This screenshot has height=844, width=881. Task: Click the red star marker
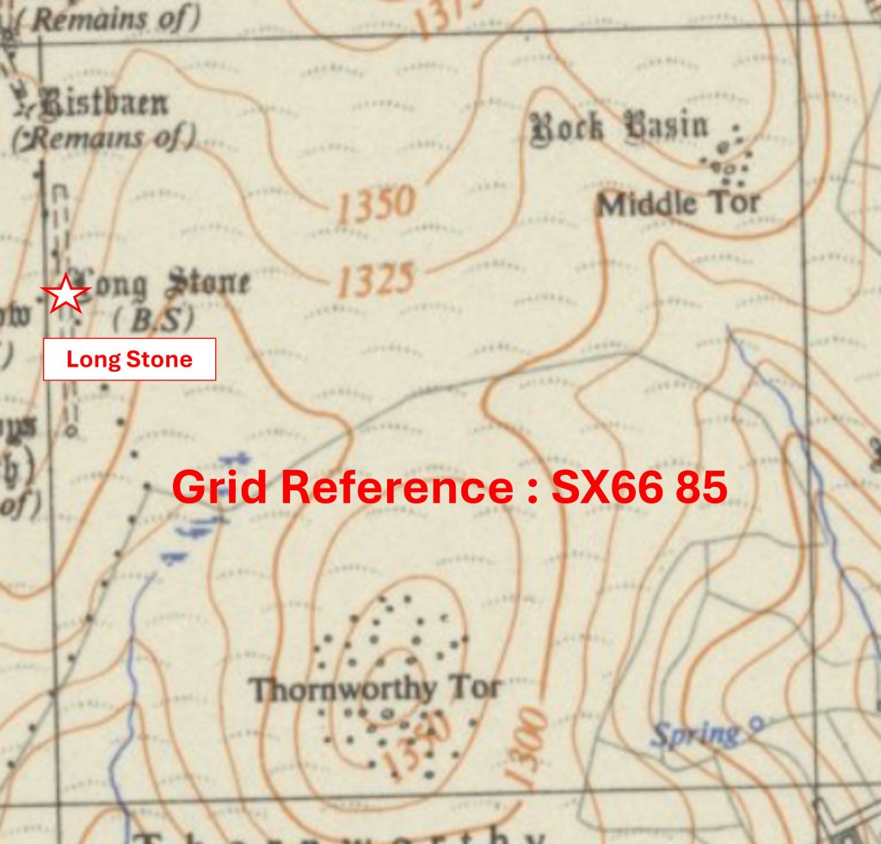[65, 294]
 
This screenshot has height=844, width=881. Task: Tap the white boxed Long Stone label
[129, 360]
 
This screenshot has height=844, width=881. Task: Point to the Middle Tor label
[679, 204]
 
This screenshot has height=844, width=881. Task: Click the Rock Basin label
[619, 127]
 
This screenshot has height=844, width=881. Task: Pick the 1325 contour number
[376, 281]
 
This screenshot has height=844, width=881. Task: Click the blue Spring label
[694, 734]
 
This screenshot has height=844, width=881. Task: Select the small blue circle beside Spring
[756, 725]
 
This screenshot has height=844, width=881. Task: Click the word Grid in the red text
[219, 488]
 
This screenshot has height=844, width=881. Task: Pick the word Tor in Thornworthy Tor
[478, 688]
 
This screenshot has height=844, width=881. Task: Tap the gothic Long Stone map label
[163, 285]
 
